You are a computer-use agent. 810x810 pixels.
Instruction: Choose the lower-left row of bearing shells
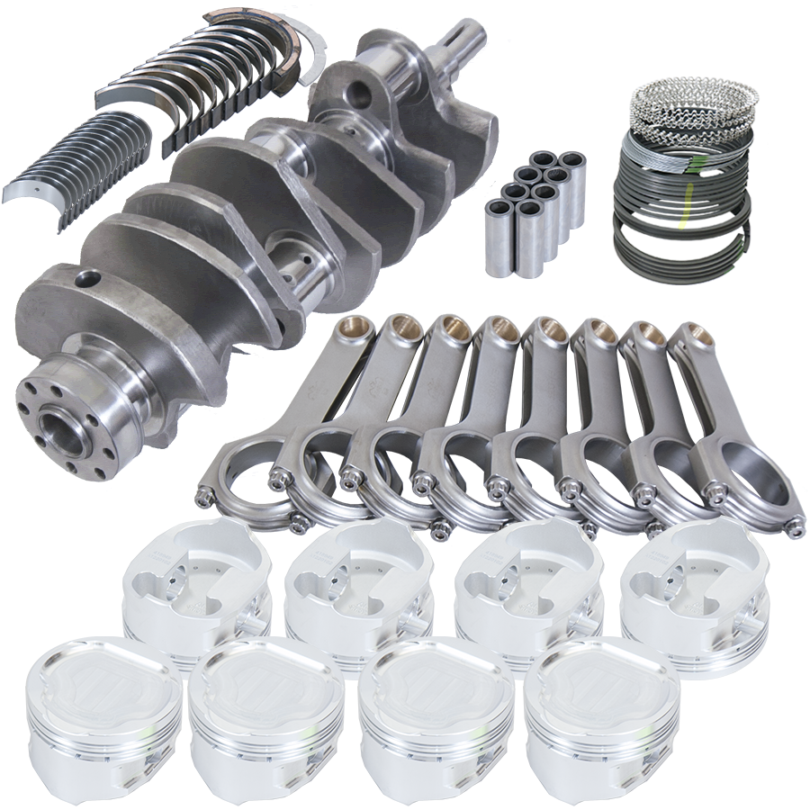tap(63, 162)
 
